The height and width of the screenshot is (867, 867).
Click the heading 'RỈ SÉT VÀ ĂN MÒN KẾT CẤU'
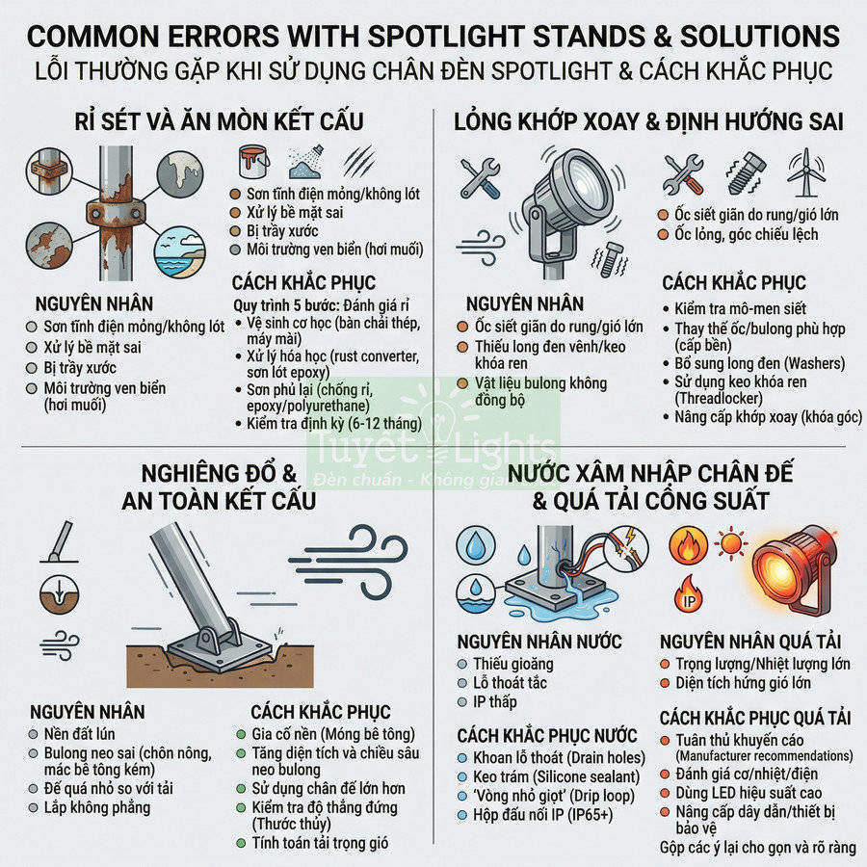(219, 122)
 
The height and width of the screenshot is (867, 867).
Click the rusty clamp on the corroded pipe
(105, 210)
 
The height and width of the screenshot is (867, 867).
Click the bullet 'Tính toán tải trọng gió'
(319, 842)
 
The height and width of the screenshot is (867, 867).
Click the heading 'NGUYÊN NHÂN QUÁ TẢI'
(750, 642)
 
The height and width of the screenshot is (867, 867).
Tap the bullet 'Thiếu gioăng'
(512, 664)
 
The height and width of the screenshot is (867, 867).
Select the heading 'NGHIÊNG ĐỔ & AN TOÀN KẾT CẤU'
(219, 487)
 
